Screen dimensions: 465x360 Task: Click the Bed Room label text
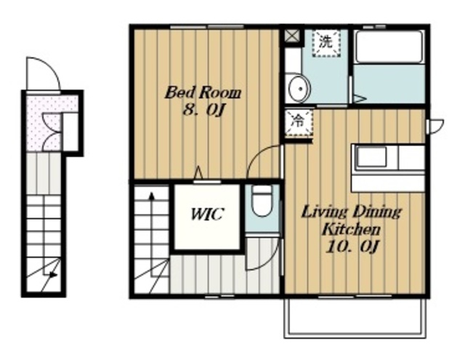pos(203,92)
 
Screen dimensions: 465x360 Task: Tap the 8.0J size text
pos(203,111)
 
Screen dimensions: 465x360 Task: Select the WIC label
pos(206,214)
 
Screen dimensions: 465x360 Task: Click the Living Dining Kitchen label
pos(352,221)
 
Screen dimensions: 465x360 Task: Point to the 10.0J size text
pos(352,247)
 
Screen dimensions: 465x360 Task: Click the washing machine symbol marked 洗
pos(326,43)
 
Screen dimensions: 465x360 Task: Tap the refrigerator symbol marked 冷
pos(298,123)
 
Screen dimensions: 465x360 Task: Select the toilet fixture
pos(262,201)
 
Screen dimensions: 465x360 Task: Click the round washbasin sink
pos(299,89)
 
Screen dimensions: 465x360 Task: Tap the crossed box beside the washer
pos(291,36)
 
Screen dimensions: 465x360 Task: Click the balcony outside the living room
pos(355,317)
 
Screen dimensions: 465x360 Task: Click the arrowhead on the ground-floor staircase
pos(53,275)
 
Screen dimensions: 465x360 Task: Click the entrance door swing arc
pos(47,65)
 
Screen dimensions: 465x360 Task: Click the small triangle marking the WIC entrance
pos(198,173)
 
